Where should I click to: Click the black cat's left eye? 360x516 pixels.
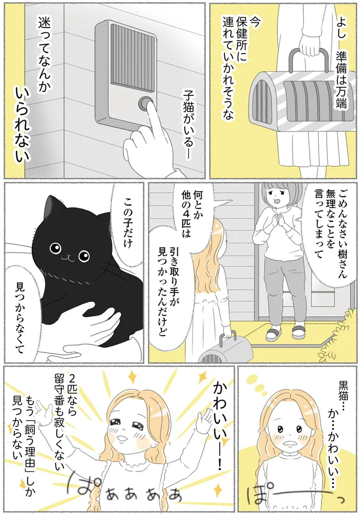coord(55,248)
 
